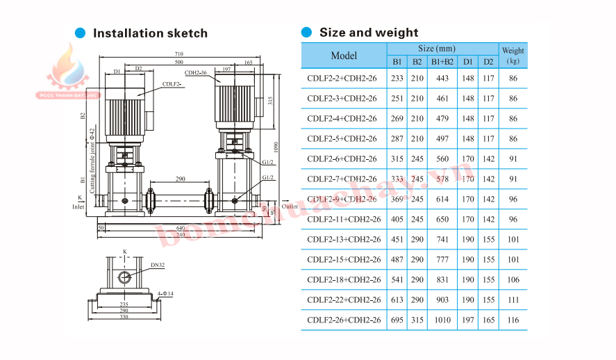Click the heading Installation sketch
tap(149, 33)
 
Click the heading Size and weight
tap(368, 33)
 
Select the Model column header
tap(344, 56)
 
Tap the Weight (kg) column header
tap(513, 56)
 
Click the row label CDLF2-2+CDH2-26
tap(342, 79)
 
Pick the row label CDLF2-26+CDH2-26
tap(344, 320)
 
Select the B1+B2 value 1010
tap(442, 320)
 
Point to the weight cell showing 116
tap(513, 320)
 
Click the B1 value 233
tap(397, 79)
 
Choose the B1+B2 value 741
tap(442, 260)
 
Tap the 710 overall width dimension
tap(179, 54)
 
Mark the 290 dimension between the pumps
tap(180, 180)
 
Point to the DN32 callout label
tap(156, 265)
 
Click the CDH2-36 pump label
tap(195, 72)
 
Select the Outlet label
tap(290, 206)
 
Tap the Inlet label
tap(78, 206)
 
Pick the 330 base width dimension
tap(123, 316)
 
